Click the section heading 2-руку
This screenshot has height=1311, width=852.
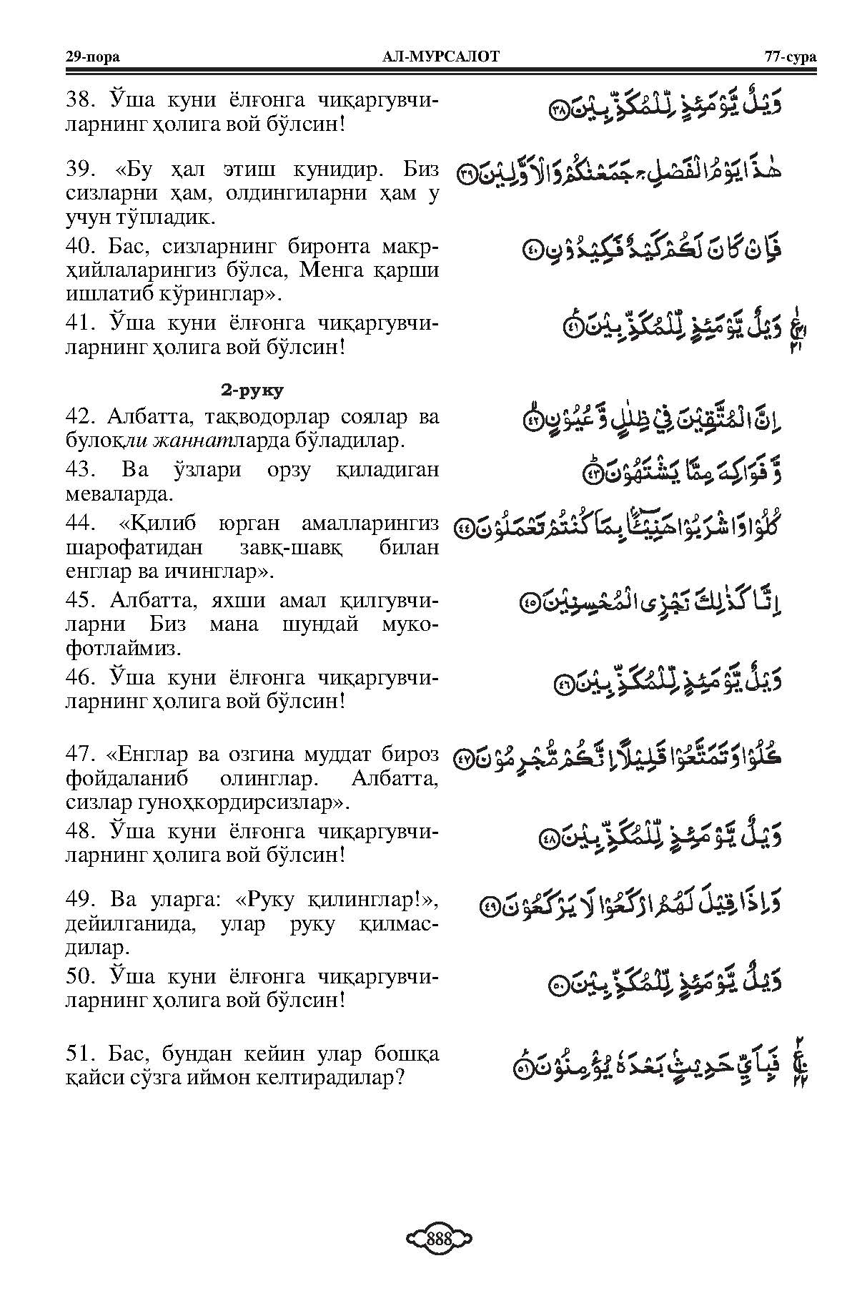click(251, 391)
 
